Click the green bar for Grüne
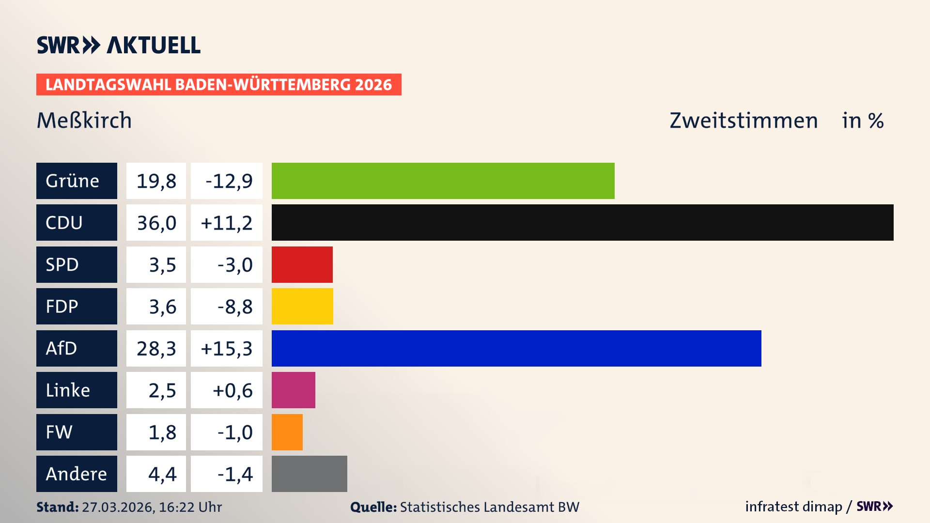pyautogui.click(x=443, y=181)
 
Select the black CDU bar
pyautogui.click(x=582, y=223)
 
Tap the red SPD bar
pyautogui.click(x=302, y=264)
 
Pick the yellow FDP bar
pyautogui.click(x=302, y=307)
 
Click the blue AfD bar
pyautogui.click(x=516, y=348)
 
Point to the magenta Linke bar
pyautogui.click(x=293, y=390)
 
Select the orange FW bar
pyautogui.click(x=287, y=432)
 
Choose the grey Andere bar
pyautogui.click(x=309, y=474)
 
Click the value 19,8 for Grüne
pyautogui.click(x=156, y=181)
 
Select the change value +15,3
pyautogui.click(x=226, y=348)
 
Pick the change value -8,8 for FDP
pyautogui.click(x=234, y=307)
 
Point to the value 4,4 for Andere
pyautogui.click(x=162, y=474)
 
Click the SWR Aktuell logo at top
pyautogui.click(x=119, y=45)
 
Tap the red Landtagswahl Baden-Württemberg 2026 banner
pyautogui.click(x=218, y=84)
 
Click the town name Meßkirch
pyautogui.click(x=84, y=120)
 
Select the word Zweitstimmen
pyautogui.click(x=744, y=120)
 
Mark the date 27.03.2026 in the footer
pyautogui.click(x=118, y=507)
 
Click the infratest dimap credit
pyautogui.click(x=793, y=507)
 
